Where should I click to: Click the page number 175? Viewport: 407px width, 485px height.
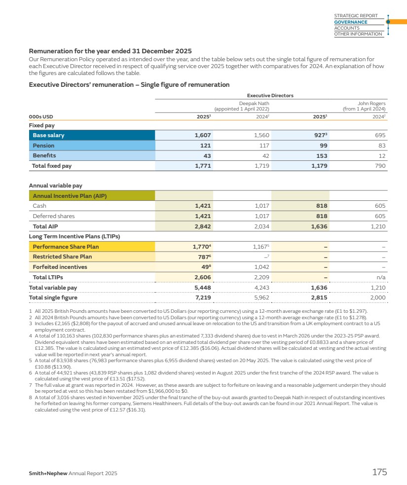click(x=379, y=472)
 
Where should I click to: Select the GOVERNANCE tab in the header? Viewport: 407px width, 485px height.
click(x=351, y=22)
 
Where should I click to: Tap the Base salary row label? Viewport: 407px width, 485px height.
click(x=48, y=135)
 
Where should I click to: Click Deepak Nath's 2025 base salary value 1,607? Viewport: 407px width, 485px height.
click(x=203, y=135)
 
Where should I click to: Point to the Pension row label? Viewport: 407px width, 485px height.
click(x=43, y=146)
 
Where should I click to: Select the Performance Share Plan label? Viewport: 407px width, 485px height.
click(x=66, y=246)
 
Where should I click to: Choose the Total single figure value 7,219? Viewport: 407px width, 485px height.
click(x=203, y=298)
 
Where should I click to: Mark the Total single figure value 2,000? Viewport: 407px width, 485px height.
click(x=378, y=298)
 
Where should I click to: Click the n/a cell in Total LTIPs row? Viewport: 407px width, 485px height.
click(x=380, y=277)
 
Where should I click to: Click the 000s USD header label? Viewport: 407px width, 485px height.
click(x=41, y=116)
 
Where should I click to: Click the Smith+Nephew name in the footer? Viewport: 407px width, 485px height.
click(x=47, y=474)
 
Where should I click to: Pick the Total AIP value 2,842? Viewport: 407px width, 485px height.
click(x=203, y=226)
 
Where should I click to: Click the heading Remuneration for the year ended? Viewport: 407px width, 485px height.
click(x=110, y=51)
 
